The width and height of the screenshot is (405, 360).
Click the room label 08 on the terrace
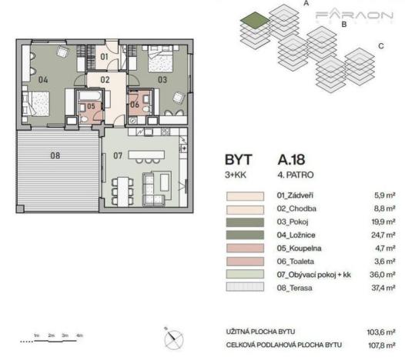(x=55, y=155)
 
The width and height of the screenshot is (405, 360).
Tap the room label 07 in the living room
(x=119, y=156)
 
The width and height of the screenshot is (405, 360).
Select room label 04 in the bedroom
(x=43, y=79)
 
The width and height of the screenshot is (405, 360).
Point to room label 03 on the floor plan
(x=162, y=79)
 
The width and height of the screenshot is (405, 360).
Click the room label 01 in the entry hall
(x=105, y=56)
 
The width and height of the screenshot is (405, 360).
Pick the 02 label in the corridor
(x=105, y=79)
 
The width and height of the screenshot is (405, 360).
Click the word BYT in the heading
(x=238, y=162)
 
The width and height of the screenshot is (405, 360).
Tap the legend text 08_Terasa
(x=293, y=288)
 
